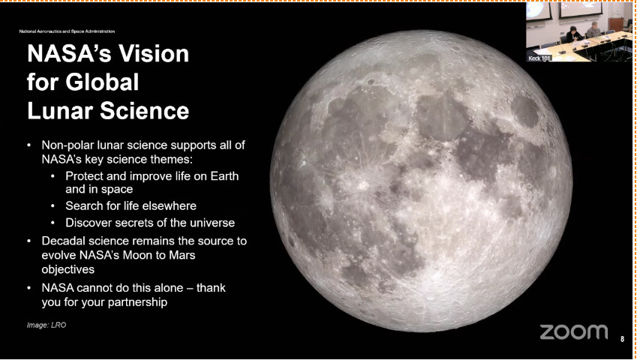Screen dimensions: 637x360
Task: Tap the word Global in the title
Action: (102, 82)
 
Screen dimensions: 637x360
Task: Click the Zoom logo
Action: (574, 332)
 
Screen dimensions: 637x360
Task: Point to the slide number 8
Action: (622, 339)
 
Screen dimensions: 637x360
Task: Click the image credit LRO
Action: (59, 325)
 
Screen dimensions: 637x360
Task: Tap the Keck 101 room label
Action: (539, 58)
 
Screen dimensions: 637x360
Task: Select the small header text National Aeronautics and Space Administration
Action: (67, 31)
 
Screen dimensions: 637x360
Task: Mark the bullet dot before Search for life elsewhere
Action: (53, 206)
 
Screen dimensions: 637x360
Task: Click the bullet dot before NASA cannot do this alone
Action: (29, 288)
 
